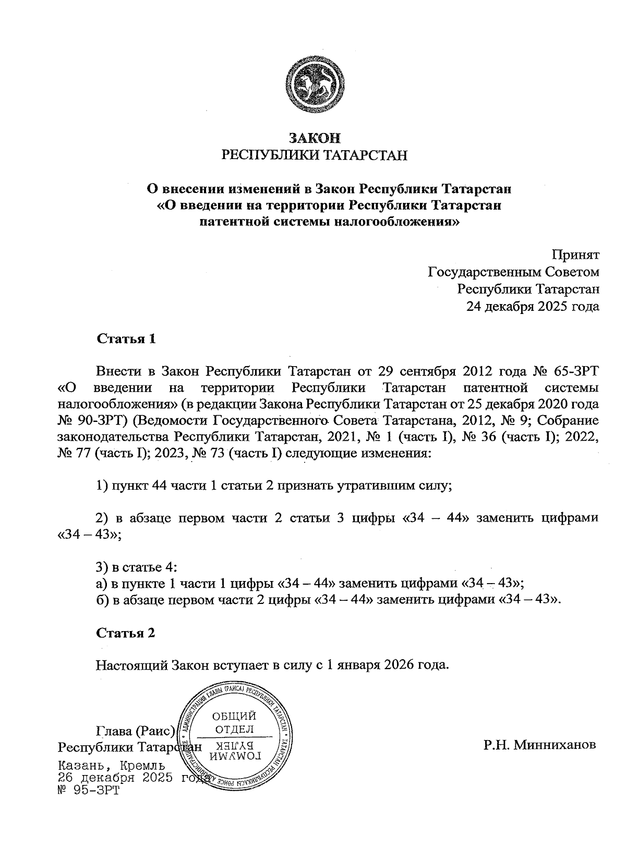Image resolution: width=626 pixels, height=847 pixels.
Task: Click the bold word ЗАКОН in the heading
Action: coord(315,138)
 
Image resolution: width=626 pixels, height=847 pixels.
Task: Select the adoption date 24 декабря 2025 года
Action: coord(533,306)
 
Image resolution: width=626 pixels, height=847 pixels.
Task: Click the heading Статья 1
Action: coord(126,339)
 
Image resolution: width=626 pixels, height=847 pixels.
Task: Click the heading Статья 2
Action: coord(126,633)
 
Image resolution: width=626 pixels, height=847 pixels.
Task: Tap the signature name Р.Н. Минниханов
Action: coord(539,745)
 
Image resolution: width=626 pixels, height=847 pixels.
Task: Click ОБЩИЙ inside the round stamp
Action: coord(234,717)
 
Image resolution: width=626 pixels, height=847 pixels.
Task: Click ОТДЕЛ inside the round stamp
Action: coord(234,729)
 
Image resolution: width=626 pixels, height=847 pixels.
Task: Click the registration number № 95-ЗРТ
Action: coord(89,791)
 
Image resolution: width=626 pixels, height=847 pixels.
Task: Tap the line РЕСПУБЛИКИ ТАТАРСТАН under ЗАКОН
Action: coord(315,155)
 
